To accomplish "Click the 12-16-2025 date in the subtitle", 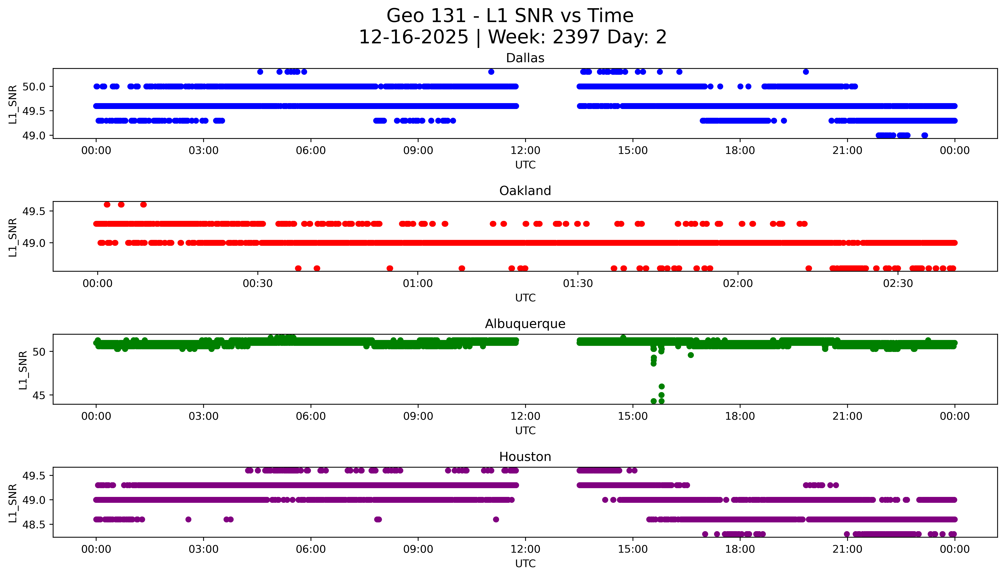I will pyautogui.click(x=413, y=37).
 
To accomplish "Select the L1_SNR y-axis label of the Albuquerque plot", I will pyautogui.click(x=23, y=370).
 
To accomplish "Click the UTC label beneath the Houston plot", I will pyautogui.click(x=525, y=563).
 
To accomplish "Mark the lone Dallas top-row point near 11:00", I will pyautogui.click(x=491, y=72).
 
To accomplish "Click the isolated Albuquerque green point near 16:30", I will pyautogui.click(x=690, y=355).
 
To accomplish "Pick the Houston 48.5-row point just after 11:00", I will pyautogui.click(x=496, y=519).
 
